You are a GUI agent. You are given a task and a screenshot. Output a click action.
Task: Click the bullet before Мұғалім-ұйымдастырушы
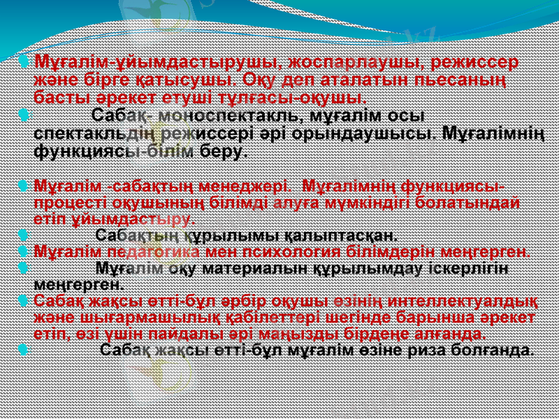(x=24, y=63)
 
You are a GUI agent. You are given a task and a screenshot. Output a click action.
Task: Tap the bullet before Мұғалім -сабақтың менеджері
(x=24, y=187)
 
